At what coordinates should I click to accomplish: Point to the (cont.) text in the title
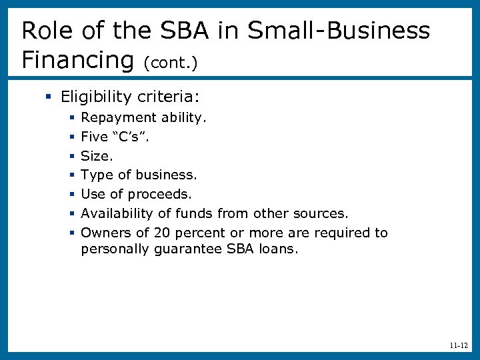[x=170, y=62]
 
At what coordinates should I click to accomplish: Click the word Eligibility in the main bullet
[x=97, y=97]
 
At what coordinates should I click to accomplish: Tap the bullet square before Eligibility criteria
[x=49, y=97]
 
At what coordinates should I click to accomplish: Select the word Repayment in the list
[x=114, y=118]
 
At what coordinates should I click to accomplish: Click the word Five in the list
[x=94, y=137]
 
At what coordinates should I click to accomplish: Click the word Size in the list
[x=95, y=156]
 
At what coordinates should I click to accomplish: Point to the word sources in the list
[x=323, y=213]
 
